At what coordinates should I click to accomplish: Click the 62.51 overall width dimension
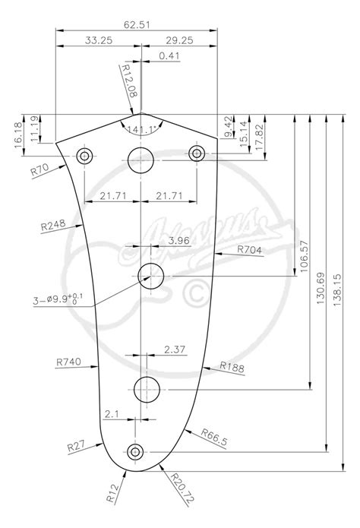(x=137, y=25)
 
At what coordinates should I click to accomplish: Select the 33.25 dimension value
(x=98, y=40)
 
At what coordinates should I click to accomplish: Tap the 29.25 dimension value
(x=179, y=40)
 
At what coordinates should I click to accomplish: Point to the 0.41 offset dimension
(x=169, y=55)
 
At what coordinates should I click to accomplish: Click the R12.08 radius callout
(x=129, y=81)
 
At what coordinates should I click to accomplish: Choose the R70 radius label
(x=39, y=169)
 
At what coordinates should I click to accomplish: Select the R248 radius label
(x=53, y=226)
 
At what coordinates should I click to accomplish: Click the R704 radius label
(x=249, y=250)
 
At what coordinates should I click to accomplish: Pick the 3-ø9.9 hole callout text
(x=53, y=299)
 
